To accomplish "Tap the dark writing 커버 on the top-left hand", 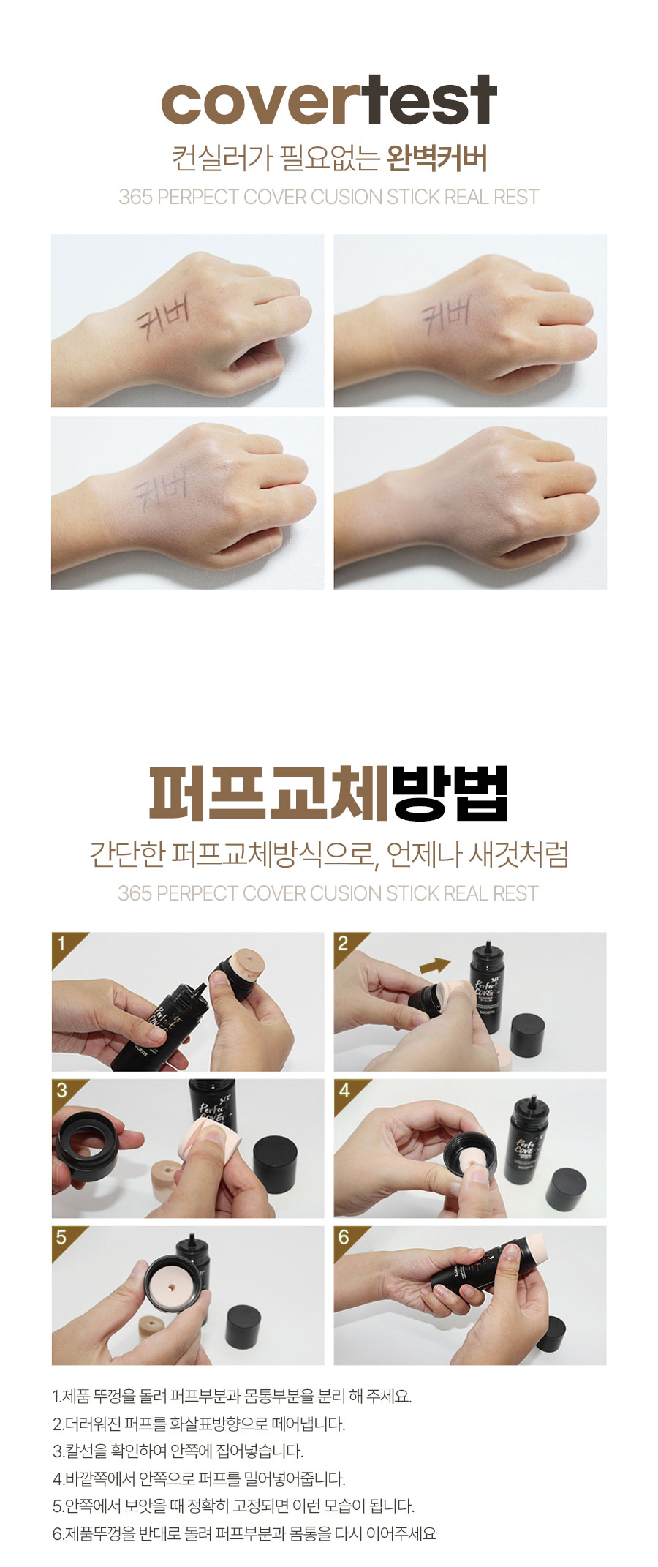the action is tap(164, 317).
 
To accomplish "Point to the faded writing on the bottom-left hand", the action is tap(161, 486).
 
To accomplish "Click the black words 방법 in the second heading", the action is tap(449, 793).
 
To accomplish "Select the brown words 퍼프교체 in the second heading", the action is tap(268, 793).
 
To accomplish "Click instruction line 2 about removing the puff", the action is tap(199, 1424).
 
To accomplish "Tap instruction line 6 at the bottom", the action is tap(244, 1533).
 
